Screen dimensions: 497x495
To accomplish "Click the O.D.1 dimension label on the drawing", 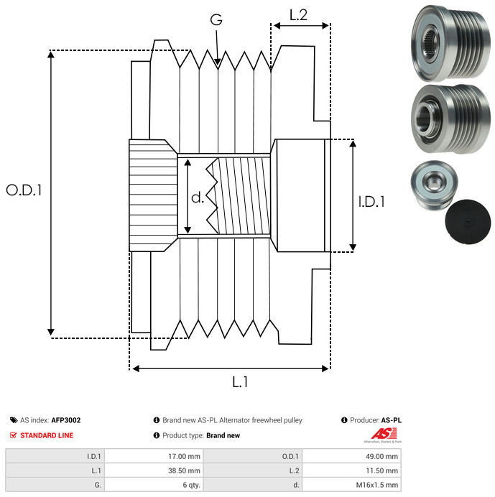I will pos(24,190).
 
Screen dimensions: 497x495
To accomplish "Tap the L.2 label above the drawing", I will pos(298,14).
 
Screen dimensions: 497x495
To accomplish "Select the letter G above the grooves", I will pos(216,21).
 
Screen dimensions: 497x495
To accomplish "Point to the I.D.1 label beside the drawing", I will pos(371,203).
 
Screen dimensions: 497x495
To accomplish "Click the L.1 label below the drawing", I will pos(240,383).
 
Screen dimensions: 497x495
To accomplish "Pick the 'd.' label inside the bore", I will pos(197,198).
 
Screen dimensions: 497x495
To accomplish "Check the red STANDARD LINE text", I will pos(46,435).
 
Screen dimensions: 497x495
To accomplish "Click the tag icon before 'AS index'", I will pos(14,420).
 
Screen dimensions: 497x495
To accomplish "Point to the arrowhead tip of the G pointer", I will pos(218,67).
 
